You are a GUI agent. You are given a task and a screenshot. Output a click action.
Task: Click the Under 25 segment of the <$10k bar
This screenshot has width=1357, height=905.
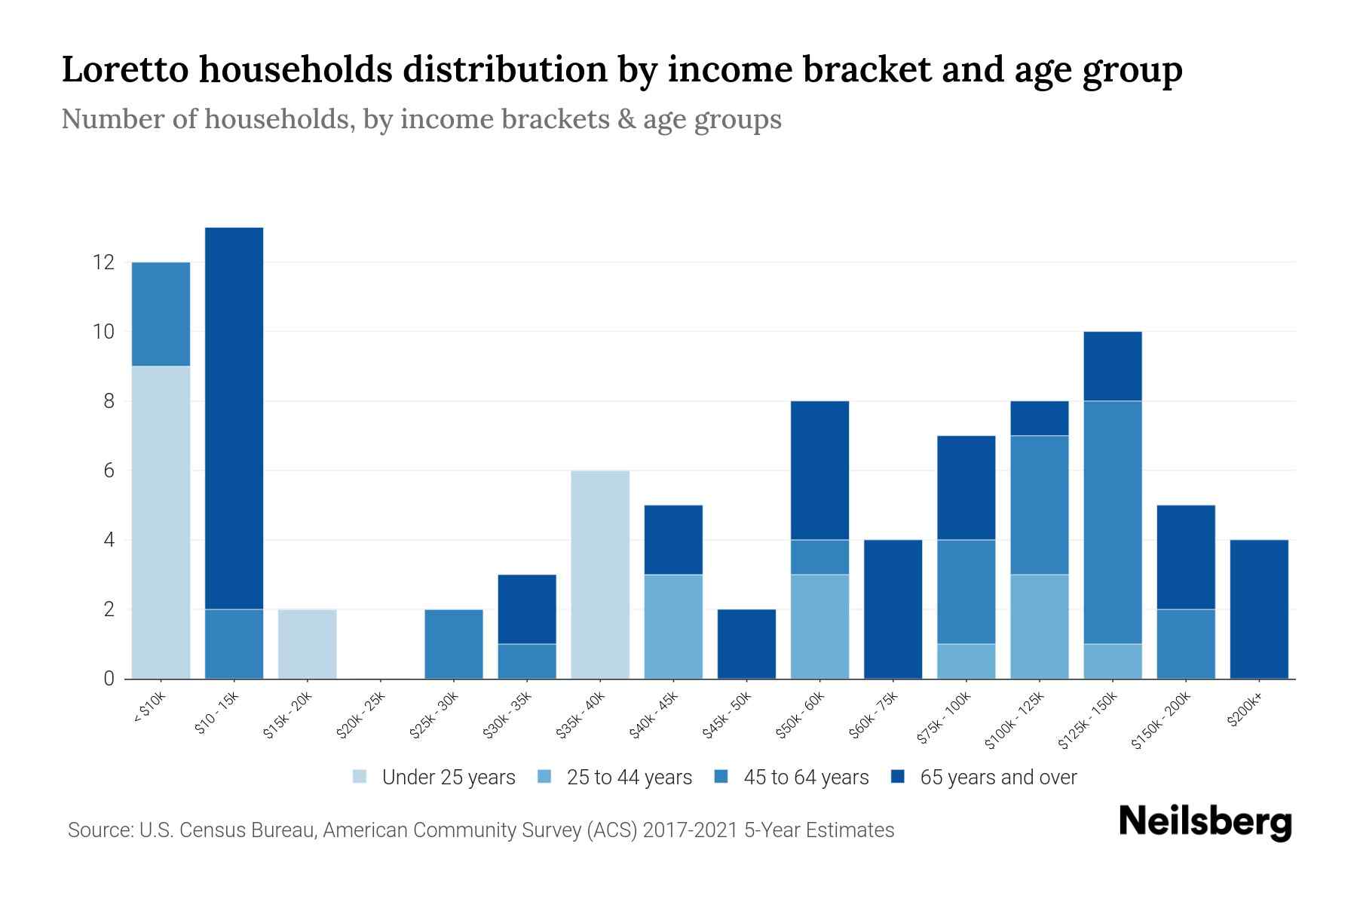(x=161, y=522)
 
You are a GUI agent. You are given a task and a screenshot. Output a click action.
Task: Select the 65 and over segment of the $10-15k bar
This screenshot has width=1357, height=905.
(x=234, y=418)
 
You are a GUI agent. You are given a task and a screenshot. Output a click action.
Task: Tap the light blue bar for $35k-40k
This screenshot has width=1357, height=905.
(x=600, y=574)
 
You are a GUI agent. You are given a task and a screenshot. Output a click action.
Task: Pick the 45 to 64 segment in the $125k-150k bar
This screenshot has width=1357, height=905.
(x=1112, y=522)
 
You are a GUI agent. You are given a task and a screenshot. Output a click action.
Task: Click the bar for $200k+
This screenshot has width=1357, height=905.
(x=1258, y=609)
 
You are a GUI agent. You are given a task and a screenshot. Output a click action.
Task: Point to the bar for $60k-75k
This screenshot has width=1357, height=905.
(x=893, y=609)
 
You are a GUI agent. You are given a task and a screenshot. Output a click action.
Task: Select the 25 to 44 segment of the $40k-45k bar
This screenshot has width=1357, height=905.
(x=673, y=626)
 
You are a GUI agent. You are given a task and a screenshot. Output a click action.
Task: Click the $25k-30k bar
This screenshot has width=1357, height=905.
(x=454, y=643)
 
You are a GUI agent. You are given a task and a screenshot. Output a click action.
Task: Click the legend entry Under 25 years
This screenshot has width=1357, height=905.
(x=448, y=778)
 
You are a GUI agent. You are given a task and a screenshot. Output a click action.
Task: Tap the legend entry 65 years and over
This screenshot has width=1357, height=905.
(x=997, y=778)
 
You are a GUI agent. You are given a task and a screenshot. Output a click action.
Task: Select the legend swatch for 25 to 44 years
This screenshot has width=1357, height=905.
(x=544, y=777)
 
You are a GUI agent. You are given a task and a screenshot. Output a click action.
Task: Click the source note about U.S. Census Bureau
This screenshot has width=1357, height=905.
(x=481, y=830)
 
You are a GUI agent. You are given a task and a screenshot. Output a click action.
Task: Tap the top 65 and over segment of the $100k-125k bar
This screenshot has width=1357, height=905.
(x=1039, y=418)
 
